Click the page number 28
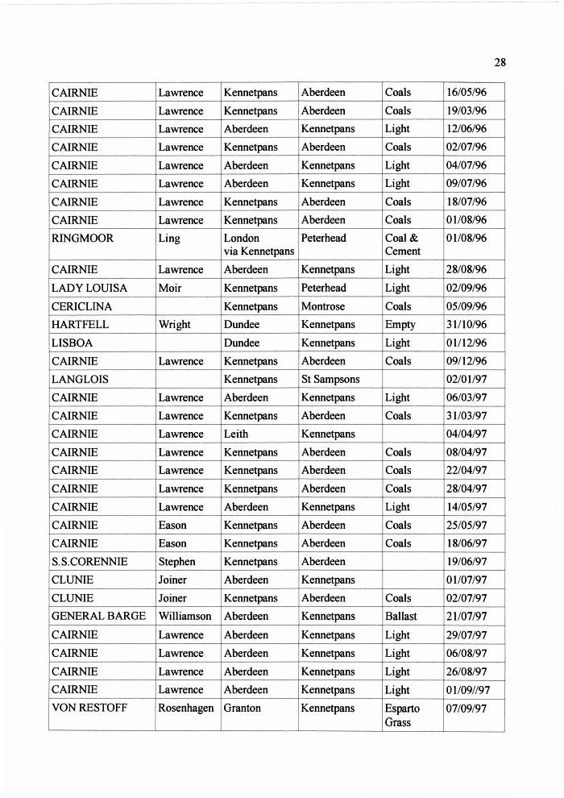point(500,63)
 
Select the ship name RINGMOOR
point(82,239)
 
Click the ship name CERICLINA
point(82,306)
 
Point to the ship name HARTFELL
point(80,325)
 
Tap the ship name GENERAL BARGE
point(98,616)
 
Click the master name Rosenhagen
point(187,709)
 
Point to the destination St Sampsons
point(330,379)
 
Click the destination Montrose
point(323,306)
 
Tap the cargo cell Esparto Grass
point(402,716)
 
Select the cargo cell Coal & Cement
point(402,244)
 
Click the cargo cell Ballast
point(401,616)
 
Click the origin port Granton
point(243,709)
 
